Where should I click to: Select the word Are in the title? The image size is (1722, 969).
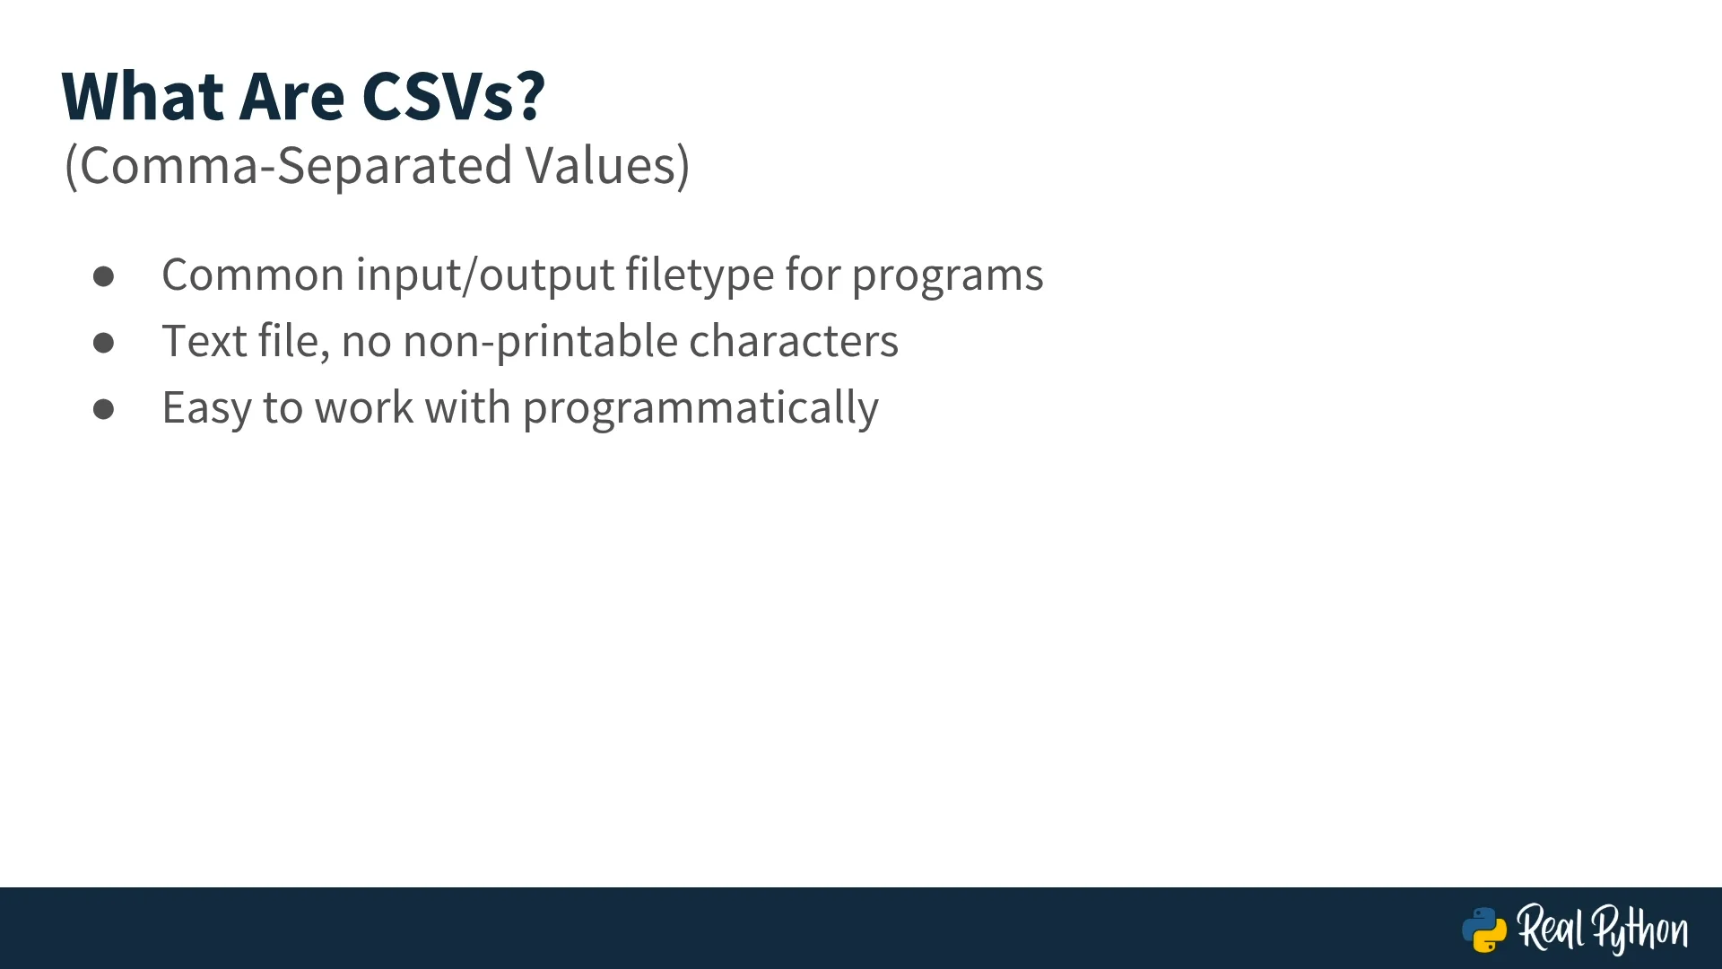point(291,96)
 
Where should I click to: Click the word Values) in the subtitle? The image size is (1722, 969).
point(607,166)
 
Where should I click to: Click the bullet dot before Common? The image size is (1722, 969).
point(103,276)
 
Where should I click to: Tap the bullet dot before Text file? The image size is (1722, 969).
point(103,343)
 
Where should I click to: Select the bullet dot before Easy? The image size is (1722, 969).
point(103,409)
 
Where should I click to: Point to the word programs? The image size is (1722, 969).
point(947,276)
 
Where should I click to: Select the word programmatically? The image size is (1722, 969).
point(700,409)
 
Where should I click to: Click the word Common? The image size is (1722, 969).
point(253,275)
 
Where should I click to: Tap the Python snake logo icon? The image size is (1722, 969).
point(1484,930)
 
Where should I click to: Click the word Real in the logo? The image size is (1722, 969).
point(1551,928)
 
